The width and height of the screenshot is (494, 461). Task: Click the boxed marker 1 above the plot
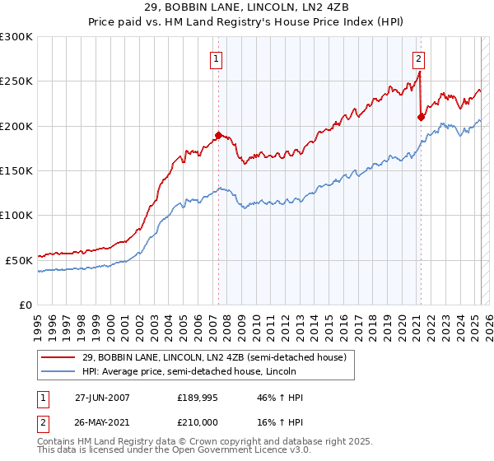tap(216, 58)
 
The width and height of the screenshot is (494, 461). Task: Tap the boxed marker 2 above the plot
tap(418, 58)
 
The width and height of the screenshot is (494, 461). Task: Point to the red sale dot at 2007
tap(218, 134)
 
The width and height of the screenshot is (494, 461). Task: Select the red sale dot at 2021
tap(421, 117)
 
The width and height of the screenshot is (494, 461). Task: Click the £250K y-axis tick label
tap(16, 81)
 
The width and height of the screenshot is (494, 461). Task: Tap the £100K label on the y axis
tap(16, 215)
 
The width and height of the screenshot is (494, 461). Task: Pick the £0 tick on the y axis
tap(25, 304)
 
